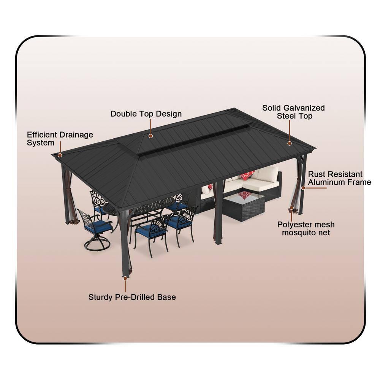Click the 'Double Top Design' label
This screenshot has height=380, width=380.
(x=146, y=114)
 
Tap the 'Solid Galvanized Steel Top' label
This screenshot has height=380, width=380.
(x=294, y=112)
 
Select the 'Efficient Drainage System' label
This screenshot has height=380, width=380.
(x=60, y=139)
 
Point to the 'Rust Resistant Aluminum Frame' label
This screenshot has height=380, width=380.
(x=339, y=178)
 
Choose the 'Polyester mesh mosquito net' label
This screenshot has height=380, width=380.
(x=306, y=228)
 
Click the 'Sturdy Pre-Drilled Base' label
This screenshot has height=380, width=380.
(x=132, y=297)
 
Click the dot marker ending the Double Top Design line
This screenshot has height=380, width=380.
(x=151, y=136)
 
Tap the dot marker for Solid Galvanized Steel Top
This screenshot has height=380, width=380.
(x=290, y=143)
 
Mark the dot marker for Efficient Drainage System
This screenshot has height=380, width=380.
(x=60, y=155)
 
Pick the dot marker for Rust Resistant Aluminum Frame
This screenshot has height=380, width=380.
(x=303, y=187)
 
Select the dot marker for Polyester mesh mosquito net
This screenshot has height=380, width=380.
(x=291, y=208)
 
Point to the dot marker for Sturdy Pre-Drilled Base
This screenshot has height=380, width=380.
(x=125, y=278)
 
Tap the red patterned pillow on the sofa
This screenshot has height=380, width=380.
(x=247, y=176)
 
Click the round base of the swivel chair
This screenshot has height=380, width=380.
(x=97, y=244)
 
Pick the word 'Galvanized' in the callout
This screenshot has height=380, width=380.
(x=305, y=108)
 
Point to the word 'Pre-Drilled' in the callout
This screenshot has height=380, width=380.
(x=135, y=297)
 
